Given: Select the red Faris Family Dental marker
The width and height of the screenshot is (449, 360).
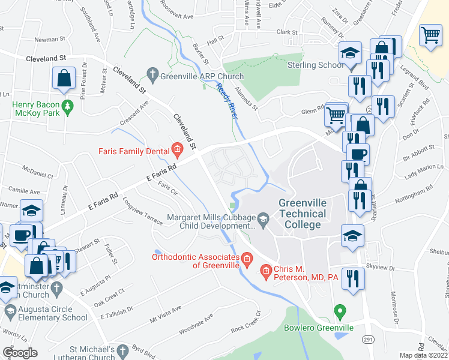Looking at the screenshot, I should pyautogui.click(x=176, y=149).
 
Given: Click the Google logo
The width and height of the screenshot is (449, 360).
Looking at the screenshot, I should pyautogui.click(x=20, y=352).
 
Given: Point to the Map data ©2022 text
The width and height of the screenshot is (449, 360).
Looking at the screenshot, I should pyautogui.click(x=423, y=355).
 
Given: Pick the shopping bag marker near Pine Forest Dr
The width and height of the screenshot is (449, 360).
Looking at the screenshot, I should pyautogui.click(x=63, y=78).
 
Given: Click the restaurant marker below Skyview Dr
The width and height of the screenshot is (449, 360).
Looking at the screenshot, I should pyautogui.click(x=355, y=278).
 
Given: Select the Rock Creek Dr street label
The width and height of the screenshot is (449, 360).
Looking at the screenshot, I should pyautogui.click(x=246, y=321).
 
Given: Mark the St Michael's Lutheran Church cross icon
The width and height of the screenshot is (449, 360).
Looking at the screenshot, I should pyautogui.click(x=122, y=350).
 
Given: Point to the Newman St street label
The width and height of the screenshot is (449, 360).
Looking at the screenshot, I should pyautogui.click(x=51, y=40).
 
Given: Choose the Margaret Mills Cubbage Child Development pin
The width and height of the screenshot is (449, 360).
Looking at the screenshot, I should pyautogui.click(x=262, y=218).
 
